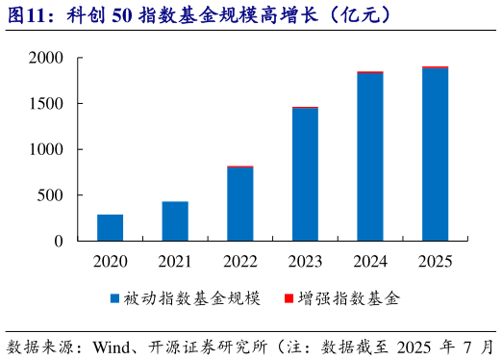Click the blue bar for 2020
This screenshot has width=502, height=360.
[x=110, y=228]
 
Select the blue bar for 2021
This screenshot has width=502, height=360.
[x=175, y=221]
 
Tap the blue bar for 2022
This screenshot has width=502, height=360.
[x=240, y=204]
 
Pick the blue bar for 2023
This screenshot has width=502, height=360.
[x=305, y=174]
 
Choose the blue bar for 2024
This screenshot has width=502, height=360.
[x=370, y=157]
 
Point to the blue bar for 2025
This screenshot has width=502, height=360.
[x=435, y=154]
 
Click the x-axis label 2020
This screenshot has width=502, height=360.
[x=110, y=261]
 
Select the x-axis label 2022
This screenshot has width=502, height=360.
[x=240, y=261]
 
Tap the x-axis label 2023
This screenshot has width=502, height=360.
[x=305, y=261]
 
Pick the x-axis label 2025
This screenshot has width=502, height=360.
[x=435, y=261]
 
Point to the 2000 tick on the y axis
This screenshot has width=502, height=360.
[x=45, y=59]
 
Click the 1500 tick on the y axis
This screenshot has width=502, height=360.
[x=45, y=104]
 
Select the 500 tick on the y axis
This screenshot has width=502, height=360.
[x=49, y=195]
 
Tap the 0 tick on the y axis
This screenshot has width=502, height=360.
[x=58, y=242]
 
